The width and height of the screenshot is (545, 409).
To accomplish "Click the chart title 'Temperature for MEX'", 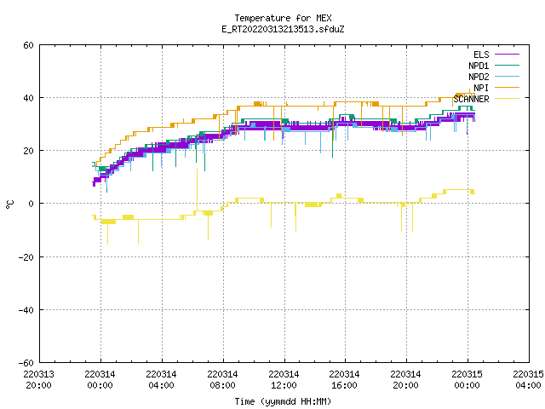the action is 283,18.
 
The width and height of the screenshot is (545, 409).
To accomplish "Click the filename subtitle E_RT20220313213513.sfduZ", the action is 283,29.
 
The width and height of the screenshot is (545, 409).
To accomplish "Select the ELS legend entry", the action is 496,55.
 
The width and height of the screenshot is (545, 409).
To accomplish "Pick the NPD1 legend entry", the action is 494,66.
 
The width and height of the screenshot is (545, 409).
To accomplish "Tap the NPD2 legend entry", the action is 494,77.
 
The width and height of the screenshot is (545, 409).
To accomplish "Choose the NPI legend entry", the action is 496,88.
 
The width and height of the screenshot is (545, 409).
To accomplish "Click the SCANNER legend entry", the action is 486,99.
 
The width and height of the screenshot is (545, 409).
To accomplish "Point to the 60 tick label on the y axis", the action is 28,45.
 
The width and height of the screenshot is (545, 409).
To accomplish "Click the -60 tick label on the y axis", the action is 26,363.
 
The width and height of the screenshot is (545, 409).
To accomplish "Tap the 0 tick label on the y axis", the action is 32,204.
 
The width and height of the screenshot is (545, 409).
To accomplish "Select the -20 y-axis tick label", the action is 26,257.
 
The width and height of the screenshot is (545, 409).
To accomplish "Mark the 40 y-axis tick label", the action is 28,98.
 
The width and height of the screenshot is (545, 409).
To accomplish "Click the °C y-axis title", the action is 9,204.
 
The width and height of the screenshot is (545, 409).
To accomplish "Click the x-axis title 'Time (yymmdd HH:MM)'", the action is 283,401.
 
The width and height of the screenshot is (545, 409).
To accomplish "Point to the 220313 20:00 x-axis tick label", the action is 39,380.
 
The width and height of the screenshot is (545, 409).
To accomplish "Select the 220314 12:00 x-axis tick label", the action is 284,380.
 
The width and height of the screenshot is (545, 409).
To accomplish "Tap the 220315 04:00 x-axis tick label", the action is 529,380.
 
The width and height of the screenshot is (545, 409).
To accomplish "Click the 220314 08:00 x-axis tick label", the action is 223,380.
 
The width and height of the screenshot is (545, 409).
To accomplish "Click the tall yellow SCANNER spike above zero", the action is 197,189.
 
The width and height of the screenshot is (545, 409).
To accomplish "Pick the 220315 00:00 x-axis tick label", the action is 468,380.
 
